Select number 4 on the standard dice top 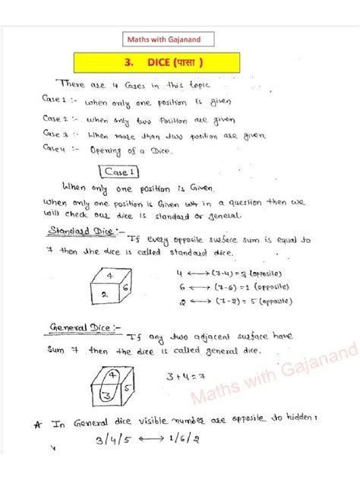pos(110,276)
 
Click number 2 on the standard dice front pos(103,294)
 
